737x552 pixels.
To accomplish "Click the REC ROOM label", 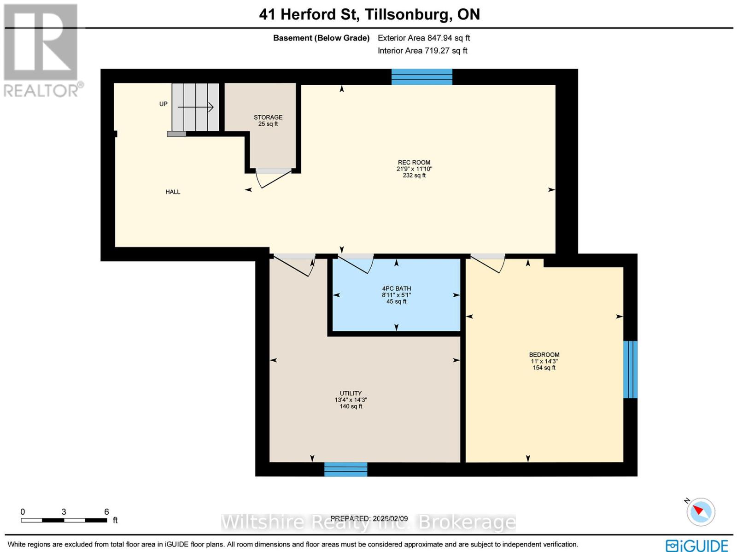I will pos(414,163).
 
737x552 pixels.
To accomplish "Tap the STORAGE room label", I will pos(268,117).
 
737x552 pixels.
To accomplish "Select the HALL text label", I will pos(173,192).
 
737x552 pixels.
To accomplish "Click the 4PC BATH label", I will pos(396,289).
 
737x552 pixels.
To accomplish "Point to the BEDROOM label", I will pos(544,355).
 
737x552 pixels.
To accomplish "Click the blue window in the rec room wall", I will pos(421,76).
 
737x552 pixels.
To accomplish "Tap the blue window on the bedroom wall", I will pos(630,369).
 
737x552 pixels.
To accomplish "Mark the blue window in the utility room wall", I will pos(345,469).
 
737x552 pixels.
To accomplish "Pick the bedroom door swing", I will pos(489,263).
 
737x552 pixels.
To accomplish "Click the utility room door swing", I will pos(293,264).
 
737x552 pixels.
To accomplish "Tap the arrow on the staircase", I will pos(196,107).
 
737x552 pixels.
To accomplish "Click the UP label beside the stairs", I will pos(163,104).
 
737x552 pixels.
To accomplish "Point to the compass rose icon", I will pos(701,511).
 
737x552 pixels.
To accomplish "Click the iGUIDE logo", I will pos(696,546).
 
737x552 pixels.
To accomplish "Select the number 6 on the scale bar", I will pos(106,512).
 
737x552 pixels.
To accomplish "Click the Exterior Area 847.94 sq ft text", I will pos(424,38).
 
